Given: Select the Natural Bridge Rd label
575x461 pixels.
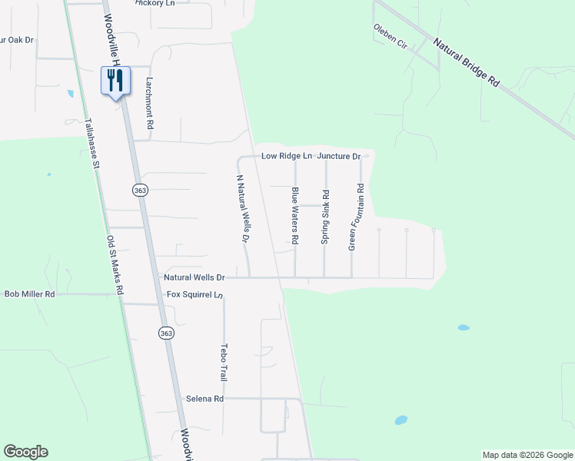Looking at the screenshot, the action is tap(467, 63).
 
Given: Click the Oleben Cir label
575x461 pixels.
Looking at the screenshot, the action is tap(390, 37).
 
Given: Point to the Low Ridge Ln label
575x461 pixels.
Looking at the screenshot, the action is tap(287, 156).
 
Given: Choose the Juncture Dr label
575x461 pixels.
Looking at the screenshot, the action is tap(339, 156).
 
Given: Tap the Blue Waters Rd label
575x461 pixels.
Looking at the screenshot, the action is tap(294, 217).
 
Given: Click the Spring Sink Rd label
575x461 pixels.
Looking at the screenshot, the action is tap(325, 217).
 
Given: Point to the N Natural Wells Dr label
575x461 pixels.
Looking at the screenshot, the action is tap(241, 209).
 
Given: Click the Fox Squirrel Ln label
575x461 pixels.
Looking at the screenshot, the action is tap(194, 295).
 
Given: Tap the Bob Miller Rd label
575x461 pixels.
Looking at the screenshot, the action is tap(29, 294).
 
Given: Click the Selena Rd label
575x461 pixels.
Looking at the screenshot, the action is tap(204, 399).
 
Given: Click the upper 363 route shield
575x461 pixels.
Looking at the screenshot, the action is tap(139, 190).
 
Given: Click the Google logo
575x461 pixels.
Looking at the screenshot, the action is tap(25, 452).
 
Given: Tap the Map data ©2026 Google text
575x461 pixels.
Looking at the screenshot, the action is tap(527, 455).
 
